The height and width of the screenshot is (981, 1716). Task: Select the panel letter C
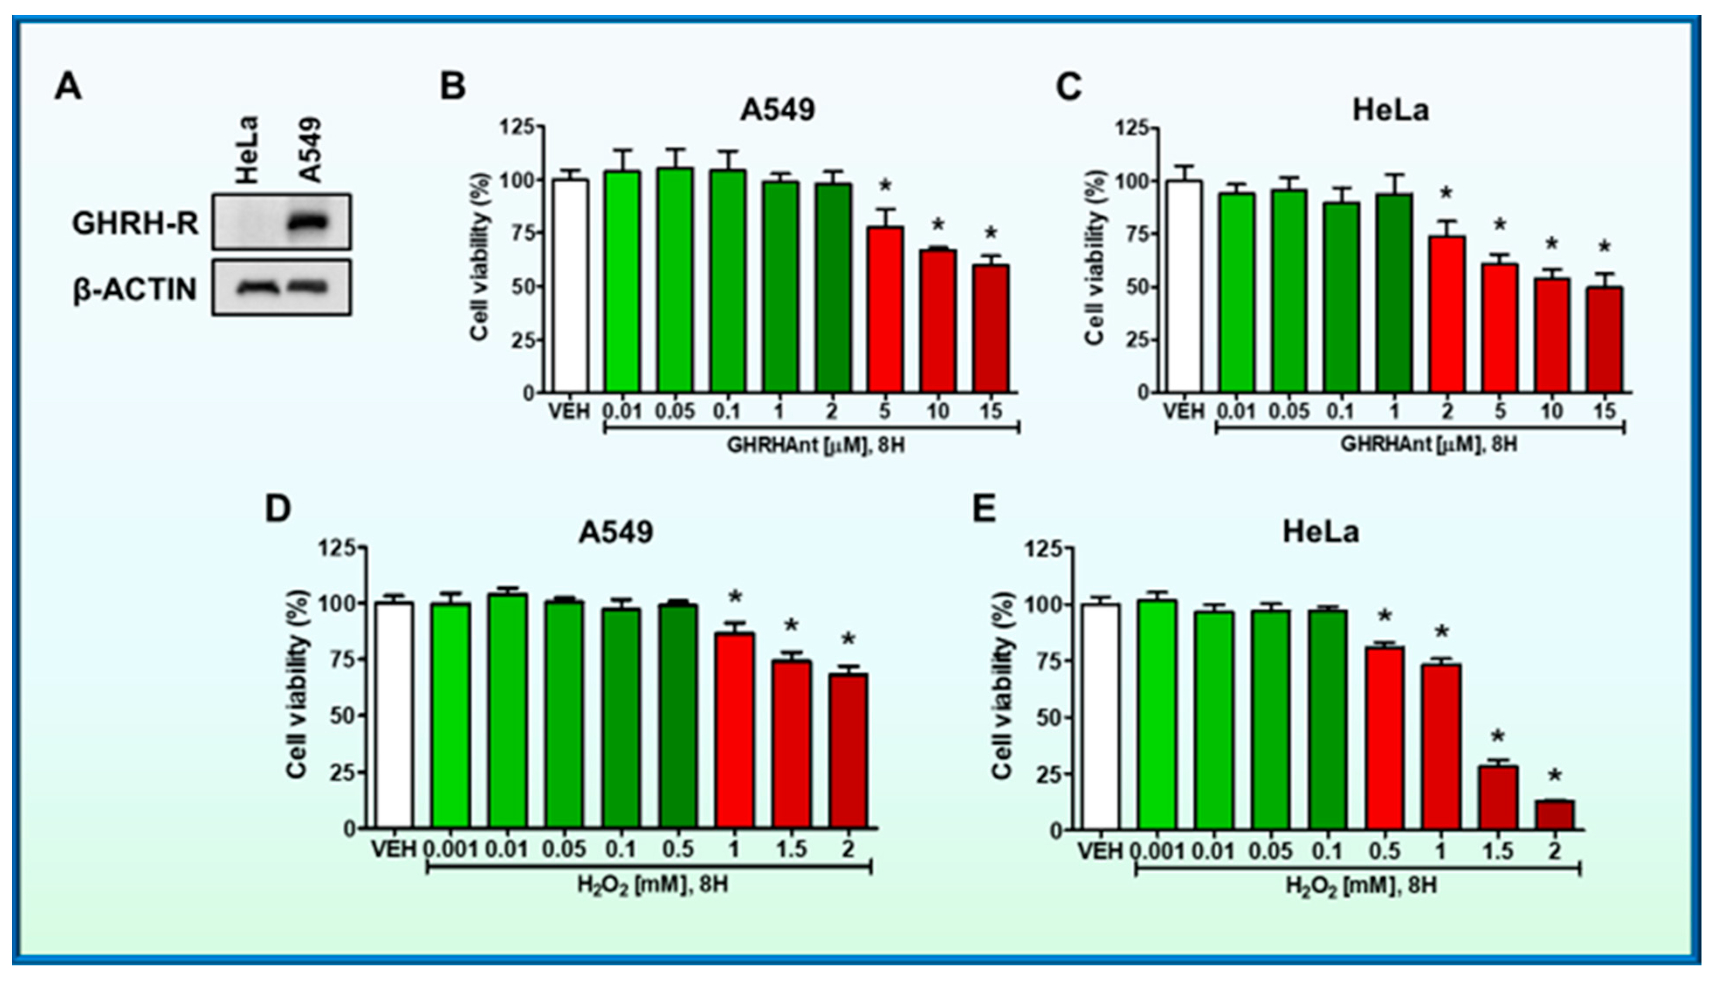[1068, 88]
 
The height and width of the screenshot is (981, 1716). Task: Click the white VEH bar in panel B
[570, 286]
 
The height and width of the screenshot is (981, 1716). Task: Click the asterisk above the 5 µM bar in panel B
[885, 186]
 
